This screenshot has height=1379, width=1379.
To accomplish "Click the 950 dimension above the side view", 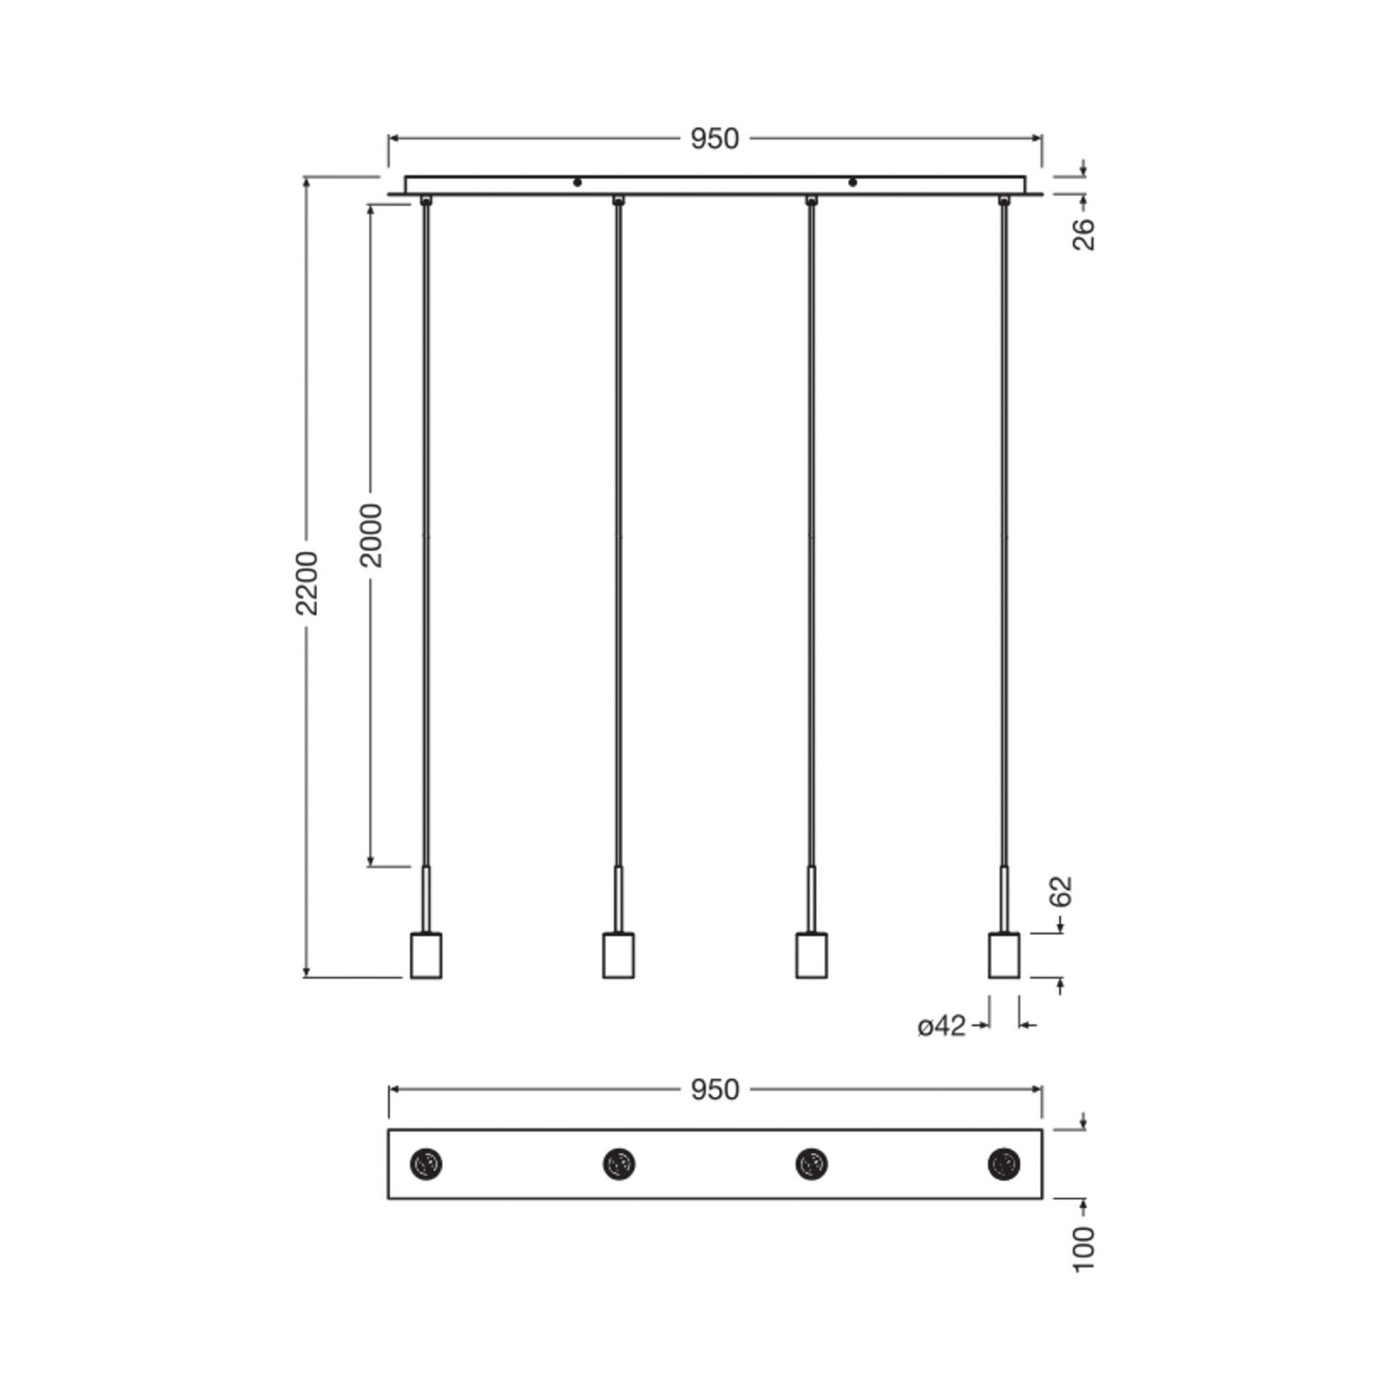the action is click(714, 139).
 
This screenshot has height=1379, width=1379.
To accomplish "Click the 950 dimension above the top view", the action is click(714, 1090).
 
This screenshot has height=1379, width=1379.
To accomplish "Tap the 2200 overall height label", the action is click(308, 583).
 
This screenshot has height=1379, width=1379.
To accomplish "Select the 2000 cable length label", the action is click(371, 535).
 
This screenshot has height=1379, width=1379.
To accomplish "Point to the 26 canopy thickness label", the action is click(1083, 234).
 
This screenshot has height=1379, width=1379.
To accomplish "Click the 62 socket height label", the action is click(1061, 891).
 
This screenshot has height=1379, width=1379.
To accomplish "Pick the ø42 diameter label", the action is click(942, 1026).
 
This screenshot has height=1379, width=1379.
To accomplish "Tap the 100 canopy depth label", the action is click(1083, 1248).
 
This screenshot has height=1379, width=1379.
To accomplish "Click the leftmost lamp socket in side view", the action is click(426, 955).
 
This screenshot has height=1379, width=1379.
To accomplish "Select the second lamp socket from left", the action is click(619, 955).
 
